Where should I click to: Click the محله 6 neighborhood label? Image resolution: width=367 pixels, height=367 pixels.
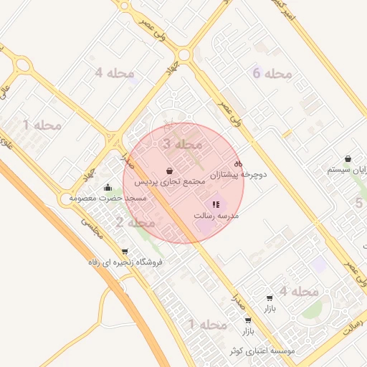[272, 73]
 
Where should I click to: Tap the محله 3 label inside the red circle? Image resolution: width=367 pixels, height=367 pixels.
[183, 144]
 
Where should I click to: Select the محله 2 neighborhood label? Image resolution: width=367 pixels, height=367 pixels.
[132, 223]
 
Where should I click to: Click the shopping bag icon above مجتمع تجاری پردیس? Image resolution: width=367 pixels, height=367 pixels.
[168, 171]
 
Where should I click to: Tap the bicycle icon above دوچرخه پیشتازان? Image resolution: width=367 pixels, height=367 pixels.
[239, 163]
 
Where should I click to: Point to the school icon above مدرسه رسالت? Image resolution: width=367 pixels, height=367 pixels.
[216, 205]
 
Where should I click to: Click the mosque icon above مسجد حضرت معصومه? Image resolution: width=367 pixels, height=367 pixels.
[108, 188]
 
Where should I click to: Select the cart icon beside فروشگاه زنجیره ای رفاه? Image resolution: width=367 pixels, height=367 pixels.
[125, 252]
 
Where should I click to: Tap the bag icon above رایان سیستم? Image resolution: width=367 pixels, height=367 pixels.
[348, 158]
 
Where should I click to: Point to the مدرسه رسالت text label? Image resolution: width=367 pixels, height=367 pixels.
[216, 216]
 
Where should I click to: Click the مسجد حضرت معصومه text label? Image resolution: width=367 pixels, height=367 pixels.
[108, 198]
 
